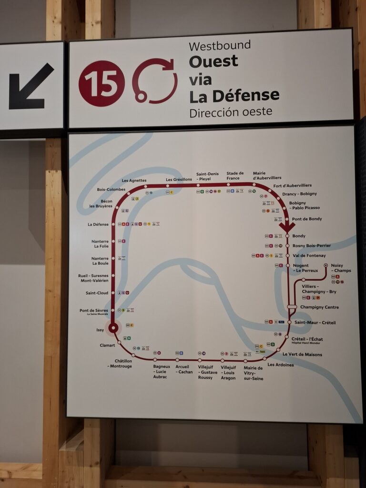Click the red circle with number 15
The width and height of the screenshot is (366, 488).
click(102, 83)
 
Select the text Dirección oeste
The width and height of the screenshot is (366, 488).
click(231, 112)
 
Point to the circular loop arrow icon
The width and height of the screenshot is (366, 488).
click(155, 81)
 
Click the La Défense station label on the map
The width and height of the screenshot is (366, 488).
click(98, 224)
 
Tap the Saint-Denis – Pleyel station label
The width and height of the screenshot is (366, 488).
click(207, 176)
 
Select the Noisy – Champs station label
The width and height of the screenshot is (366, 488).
click(341, 268)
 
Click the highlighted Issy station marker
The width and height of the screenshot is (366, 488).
click(113, 327)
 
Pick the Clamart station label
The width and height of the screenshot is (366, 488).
click(107, 345)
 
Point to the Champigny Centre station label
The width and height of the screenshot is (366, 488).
click(319, 307)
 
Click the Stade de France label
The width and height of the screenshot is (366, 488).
click(235, 176)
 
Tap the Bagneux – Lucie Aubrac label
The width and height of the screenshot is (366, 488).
click(162, 372)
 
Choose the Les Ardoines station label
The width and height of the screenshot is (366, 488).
click(281, 365)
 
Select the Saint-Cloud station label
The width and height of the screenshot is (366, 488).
click(97, 293)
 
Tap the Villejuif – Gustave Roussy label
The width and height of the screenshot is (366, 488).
click(208, 372)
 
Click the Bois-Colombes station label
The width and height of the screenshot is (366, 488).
click(111, 189)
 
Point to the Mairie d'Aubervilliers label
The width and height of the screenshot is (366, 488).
click(267, 175)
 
